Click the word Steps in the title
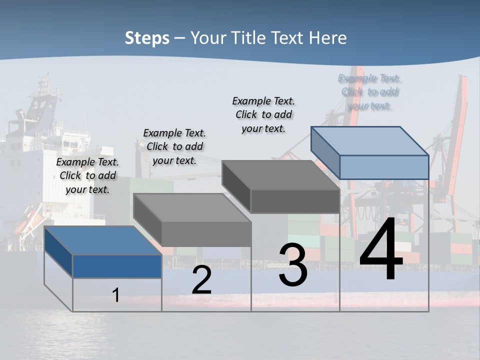[147, 38]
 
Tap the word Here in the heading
[328, 38]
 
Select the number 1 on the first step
[116, 295]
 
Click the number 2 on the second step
[201, 280]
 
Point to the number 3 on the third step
[293, 265]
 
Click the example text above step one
[88, 175]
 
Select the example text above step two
[174, 146]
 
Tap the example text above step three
[263, 114]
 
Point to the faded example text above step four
[369, 92]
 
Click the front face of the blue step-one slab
[117, 266]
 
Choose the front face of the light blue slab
[384, 167]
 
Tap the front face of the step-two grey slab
[206, 234]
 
